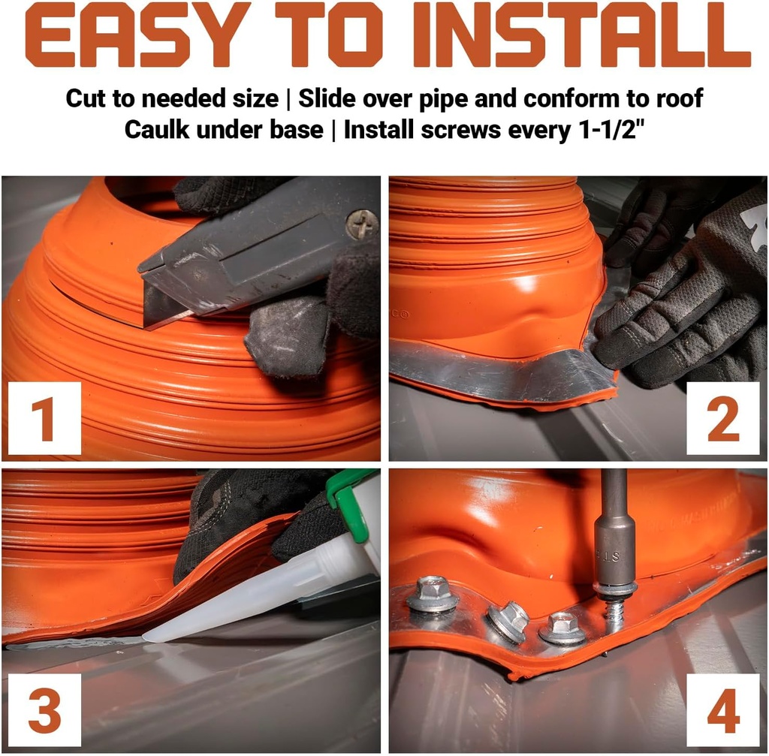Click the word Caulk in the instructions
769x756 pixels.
156,130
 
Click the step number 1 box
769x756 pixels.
44,418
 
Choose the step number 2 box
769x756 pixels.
723,418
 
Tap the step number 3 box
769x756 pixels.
44,709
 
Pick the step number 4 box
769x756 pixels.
723,709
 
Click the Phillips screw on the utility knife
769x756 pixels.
361,224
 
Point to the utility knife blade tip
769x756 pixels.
145,325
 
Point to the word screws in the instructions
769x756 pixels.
460,131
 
